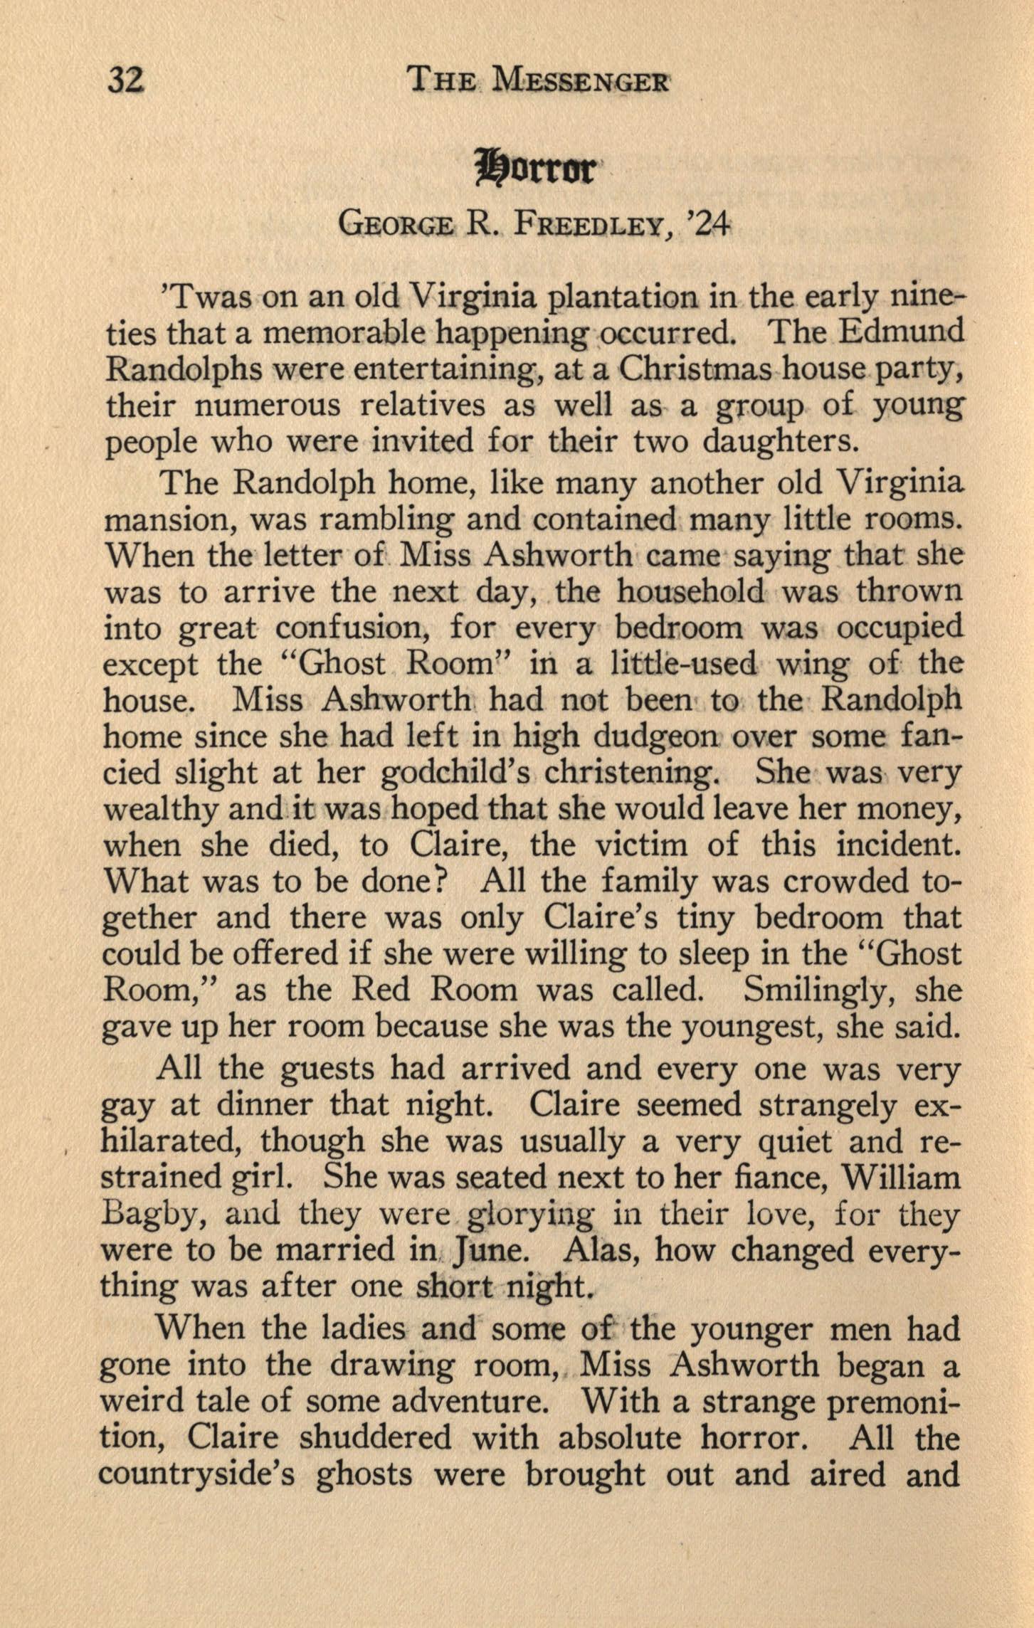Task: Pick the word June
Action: (x=488, y=1252)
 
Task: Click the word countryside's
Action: (x=197, y=1474)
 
